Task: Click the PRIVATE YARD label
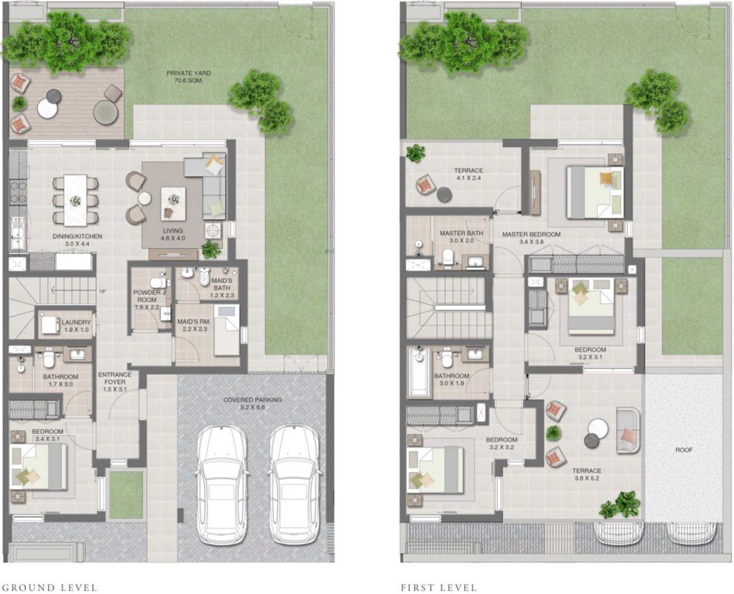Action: point(189,73)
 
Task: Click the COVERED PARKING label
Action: point(252,400)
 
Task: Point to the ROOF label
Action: point(684,450)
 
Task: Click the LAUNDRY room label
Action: point(76,322)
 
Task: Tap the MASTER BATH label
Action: point(461,234)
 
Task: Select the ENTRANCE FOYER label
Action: point(115,378)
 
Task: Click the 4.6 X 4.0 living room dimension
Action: point(173,238)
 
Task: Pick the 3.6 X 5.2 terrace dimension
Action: point(587,478)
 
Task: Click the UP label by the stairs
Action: point(102,291)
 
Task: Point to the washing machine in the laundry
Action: point(50,325)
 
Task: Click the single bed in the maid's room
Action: point(227,330)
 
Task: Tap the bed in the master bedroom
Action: point(595,192)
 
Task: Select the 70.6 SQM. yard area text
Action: point(189,81)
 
